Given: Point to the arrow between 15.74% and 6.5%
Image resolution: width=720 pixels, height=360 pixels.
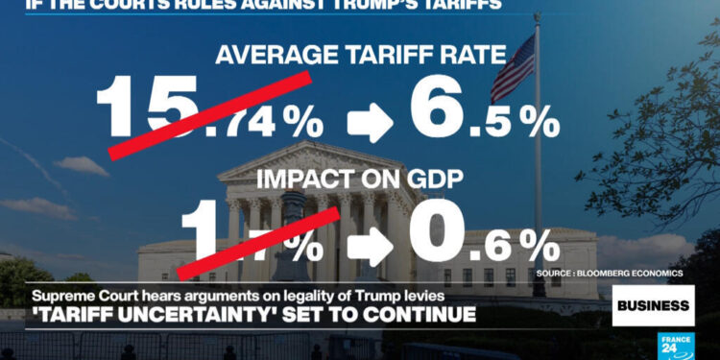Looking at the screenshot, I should click(367, 123).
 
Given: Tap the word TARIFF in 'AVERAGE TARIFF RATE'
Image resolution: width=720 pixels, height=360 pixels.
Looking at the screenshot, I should click(366, 55).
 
